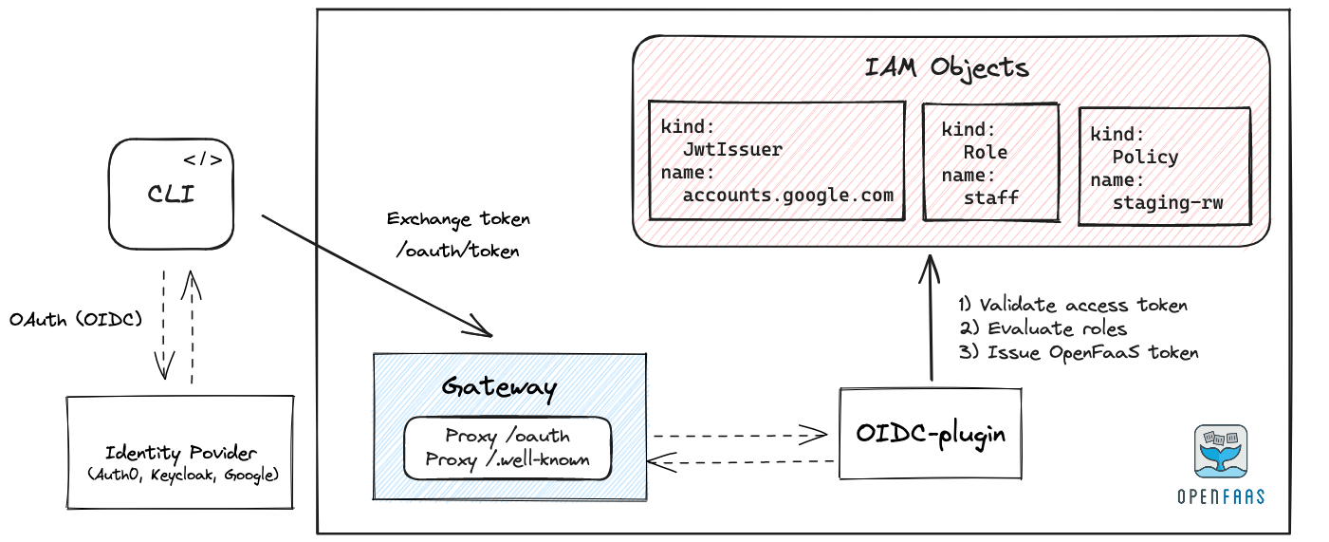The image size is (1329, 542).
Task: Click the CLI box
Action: point(171,195)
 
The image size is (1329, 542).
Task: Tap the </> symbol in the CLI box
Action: point(203,159)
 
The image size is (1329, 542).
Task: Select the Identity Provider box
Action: point(179,451)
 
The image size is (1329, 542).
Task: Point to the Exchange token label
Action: point(458,219)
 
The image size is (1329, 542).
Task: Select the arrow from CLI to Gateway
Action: point(377,275)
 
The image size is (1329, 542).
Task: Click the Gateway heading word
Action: point(499,387)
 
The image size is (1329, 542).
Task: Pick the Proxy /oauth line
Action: point(508,436)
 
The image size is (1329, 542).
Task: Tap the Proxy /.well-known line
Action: point(508,459)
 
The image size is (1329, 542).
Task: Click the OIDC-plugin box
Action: point(930,433)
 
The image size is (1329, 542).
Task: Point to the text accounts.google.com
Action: point(787,196)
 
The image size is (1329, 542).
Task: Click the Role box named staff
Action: point(989,162)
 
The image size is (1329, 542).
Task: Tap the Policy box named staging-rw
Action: point(1164,167)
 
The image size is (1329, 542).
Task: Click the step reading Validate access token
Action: point(1072,305)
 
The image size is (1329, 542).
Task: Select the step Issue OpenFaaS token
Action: point(1078,352)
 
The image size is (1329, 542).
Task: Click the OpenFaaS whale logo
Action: point(1220,452)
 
